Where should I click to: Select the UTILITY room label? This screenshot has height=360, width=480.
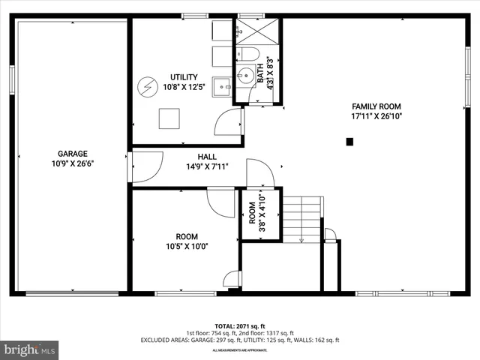(183, 77)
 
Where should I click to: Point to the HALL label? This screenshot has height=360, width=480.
(207, 157)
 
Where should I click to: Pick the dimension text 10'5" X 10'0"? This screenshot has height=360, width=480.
(187, 246)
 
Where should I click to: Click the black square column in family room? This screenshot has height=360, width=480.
(349, 141)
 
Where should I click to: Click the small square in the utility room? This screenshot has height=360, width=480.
(169, 118)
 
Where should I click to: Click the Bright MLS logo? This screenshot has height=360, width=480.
(30, 349)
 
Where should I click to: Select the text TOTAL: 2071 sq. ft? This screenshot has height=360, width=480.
(239, 327)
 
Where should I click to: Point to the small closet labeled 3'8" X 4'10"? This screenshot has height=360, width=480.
(260, 214)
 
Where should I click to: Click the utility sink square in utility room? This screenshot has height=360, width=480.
(221, 87)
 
